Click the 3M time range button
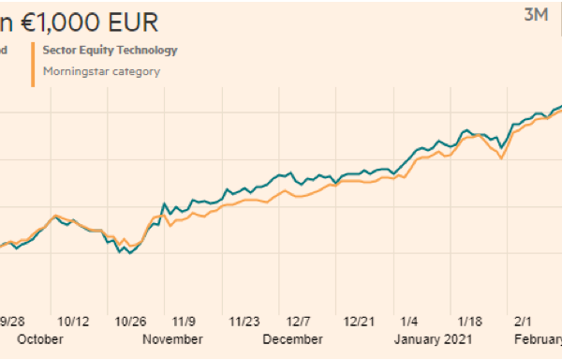(x=535, y=14)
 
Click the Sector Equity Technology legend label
(x=110, y=50)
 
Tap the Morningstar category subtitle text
(x=101, y=70)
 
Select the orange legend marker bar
(x=34, y=64)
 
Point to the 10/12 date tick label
(x=73, y=321)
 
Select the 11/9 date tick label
(x=184, y=321)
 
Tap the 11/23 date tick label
(x=244, y=321)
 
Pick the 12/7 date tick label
(x=299, y=321)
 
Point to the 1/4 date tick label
(x=409, y=321)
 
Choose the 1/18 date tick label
(x=466, y=321)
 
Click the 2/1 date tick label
(x=522, y=321)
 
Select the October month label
(x=40, y=339)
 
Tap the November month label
(x=172, y=339)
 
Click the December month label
(x=292, y=339)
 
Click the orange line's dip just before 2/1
(x=502, y=158)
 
